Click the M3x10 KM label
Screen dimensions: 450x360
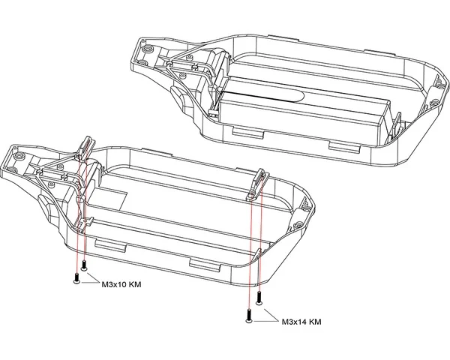pos(121,285)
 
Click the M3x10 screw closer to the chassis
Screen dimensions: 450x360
pos(85,265)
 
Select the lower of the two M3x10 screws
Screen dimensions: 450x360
pos(77,279)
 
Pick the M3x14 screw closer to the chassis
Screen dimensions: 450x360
pos(259,296)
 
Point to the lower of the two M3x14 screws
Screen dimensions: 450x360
pos(248,315)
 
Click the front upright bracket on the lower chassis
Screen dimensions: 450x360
pos(87,145)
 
